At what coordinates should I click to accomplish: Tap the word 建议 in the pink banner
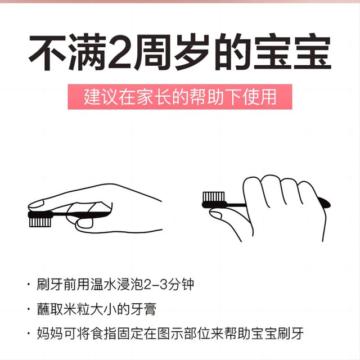tap(101, 97)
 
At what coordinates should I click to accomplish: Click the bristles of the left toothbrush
tap(40, 222)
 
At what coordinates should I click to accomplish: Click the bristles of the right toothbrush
tap(214, 197)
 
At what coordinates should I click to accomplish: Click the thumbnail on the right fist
tap(215, 215)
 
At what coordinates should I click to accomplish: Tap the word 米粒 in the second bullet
tap(76, 309)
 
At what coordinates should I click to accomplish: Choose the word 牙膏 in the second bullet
tap(143, 309)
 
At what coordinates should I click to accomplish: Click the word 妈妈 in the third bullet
tap(50, 334)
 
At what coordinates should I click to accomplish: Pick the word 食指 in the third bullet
tap(103, 334)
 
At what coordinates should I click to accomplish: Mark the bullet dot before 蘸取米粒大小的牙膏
tap(29, 309)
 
